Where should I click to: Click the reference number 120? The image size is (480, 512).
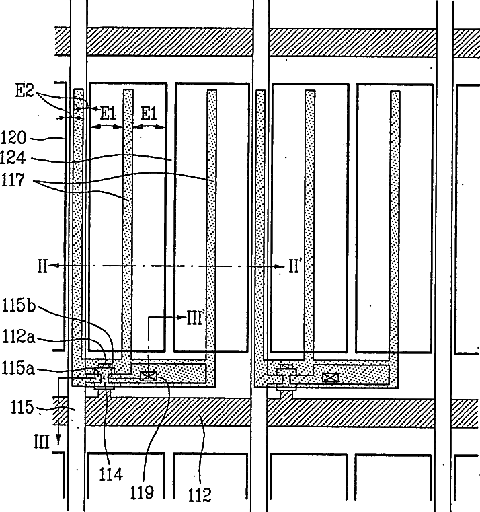pos(13,137)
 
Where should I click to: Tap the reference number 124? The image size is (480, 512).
pos(13,157)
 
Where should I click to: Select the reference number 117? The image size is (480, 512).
pos(13,180)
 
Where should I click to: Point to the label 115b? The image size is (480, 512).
pos(19,305)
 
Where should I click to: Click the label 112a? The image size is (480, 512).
pos(19,336)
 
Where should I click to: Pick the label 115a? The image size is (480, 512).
pos(18,368)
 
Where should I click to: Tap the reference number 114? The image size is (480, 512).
pos(111,474)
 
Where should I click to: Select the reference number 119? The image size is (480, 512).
pos(142,492)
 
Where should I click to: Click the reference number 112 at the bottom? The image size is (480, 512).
pos(200,495)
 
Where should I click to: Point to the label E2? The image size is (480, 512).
pos(25,90)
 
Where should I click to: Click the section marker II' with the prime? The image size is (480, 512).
pos(294,266)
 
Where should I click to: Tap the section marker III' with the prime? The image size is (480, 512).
pos(196,318)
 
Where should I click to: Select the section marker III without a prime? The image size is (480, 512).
pos(42,443)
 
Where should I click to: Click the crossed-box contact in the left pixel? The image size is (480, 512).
pos(148,377)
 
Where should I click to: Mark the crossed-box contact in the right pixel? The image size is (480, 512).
pos(330,377)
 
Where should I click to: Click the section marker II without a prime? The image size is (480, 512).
pos(43,266)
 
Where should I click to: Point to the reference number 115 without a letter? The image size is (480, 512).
pos(22,407)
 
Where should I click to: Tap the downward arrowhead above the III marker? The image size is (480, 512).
pos(58,441)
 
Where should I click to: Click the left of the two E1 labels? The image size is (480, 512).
pos(108,114)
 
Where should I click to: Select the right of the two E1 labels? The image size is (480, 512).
pos(149,114)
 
